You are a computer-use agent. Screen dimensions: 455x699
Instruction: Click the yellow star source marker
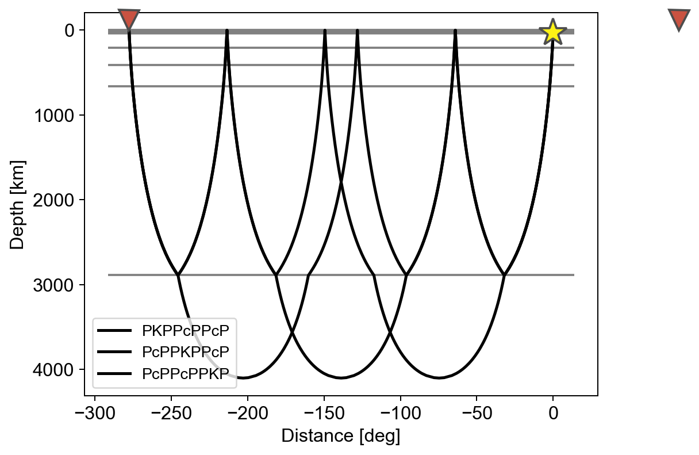552,32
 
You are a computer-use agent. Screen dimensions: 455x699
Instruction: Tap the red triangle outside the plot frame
679,19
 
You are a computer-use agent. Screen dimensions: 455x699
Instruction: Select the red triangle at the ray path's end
129,18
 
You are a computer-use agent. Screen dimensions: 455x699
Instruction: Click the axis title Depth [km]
18,204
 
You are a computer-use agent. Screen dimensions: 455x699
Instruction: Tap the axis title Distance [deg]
341,437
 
